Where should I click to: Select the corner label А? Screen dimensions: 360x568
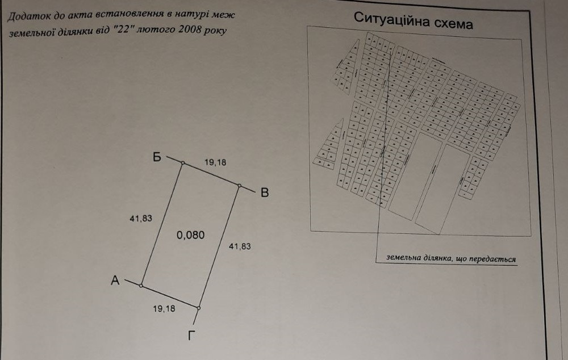(115, 281)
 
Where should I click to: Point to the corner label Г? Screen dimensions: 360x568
(192, 336)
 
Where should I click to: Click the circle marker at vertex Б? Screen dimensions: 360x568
(182, 164)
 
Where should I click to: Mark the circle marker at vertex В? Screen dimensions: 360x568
(240, 186)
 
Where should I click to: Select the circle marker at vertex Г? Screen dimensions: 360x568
(199, 308)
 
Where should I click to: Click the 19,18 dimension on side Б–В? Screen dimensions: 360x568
(215, 162)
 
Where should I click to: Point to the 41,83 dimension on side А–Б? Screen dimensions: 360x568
(141, 218)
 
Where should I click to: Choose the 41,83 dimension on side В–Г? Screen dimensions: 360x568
(240, 246)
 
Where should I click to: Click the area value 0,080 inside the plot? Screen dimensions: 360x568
(190, 235)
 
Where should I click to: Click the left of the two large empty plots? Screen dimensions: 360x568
(415, 176)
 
